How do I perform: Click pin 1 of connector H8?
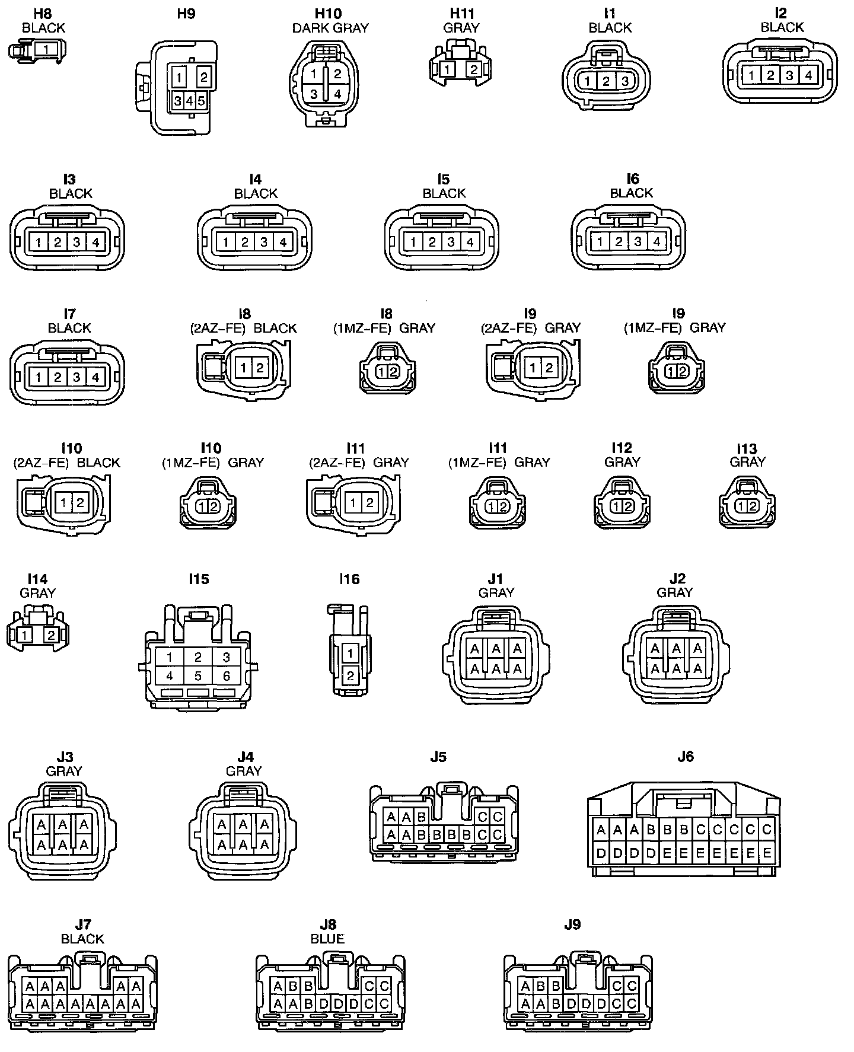point(46,49)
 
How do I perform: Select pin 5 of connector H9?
point(201,101)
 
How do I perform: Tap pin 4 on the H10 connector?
point(337,94)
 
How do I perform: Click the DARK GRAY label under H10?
point(330,28)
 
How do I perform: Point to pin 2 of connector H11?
point(473,70)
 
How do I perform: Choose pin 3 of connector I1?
point(624,81)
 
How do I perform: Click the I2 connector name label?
point(780,13)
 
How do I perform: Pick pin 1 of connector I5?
point(413,242)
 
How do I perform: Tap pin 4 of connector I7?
point(96,377)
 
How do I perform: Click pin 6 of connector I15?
point(226,675)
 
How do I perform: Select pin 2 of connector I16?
point(350,675)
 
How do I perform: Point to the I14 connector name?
point(37,579)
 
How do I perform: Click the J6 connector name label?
point(685,757)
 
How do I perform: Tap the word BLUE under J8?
point(327,939)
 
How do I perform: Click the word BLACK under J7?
point(82,939)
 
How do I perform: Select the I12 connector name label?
point(622,448)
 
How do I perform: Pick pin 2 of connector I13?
point(753,506)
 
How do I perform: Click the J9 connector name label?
point(572,925)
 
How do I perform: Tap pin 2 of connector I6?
point(619,242)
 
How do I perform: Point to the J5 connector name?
point(438,757)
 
